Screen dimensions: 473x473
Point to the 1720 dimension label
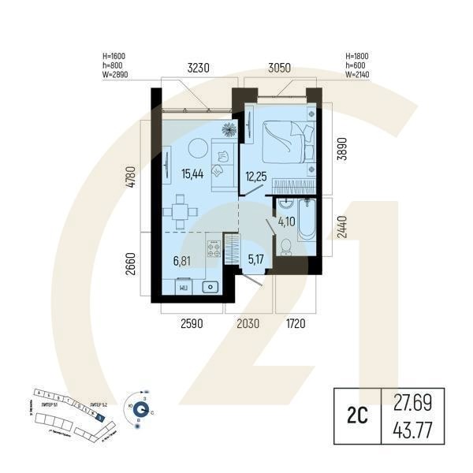point(295,324)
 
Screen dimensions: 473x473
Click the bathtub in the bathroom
point(308,222)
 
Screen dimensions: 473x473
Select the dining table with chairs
point(181,211)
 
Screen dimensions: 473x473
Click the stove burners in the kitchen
point(214,249)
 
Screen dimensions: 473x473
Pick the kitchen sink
point(210,287)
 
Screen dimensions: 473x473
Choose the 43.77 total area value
point(412,431)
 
